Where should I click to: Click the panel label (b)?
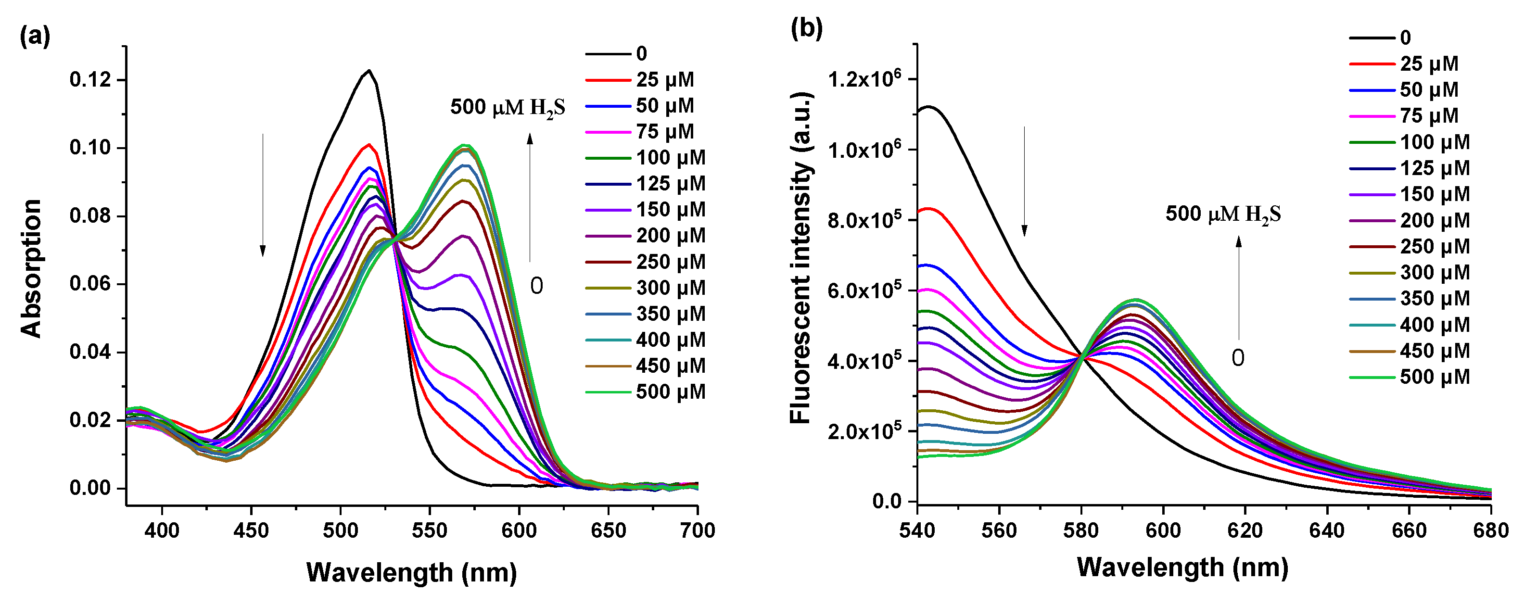(x=806, y=28)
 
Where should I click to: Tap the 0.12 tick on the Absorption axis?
(x=90, y=79)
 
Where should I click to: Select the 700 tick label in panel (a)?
(x=698, y=530)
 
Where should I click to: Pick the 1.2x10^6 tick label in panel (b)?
(x=864, y=78)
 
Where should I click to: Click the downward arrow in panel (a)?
(x=263, y=195)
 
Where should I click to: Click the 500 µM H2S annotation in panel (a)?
(x=507, y=108)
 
